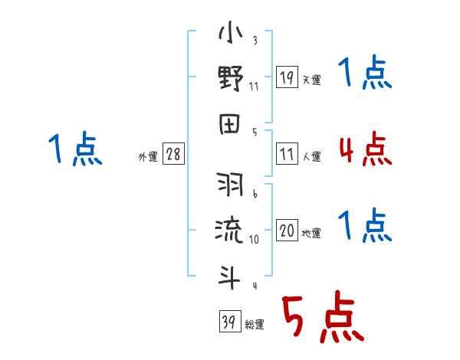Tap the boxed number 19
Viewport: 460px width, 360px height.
[287, 77]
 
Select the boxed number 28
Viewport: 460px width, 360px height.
[173, 154]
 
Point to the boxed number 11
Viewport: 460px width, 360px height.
[287, 154]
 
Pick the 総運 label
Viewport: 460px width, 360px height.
[255, 325]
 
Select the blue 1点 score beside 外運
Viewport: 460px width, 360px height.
[74, 150]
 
